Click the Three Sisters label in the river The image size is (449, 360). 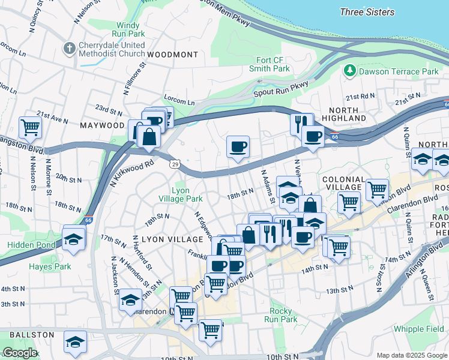point(367,12)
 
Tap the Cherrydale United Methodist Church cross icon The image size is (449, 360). point(70,47)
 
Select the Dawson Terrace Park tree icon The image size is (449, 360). point(350,71)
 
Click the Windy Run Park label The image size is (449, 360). point(127,30)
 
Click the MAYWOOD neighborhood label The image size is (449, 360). point(102,125)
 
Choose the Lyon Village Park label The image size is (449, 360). point(180,194)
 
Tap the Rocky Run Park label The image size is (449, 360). point(281,315)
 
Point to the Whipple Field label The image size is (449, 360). point(418,329)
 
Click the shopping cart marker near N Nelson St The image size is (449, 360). point(29,127)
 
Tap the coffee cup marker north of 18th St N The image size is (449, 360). point(238,146)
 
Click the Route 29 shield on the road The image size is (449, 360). point(175,163)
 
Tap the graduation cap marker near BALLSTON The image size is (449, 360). point(75,342)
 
